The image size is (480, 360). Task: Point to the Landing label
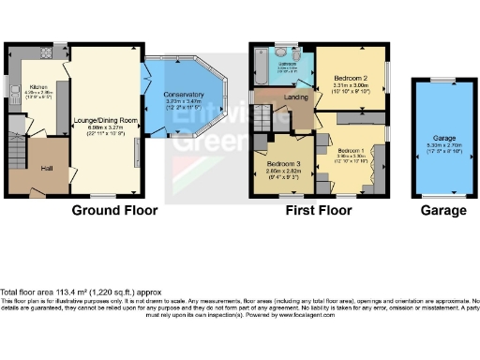(297, 97)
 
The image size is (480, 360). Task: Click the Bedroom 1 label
(352, 150)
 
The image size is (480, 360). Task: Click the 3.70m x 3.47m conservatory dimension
(182, 104)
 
